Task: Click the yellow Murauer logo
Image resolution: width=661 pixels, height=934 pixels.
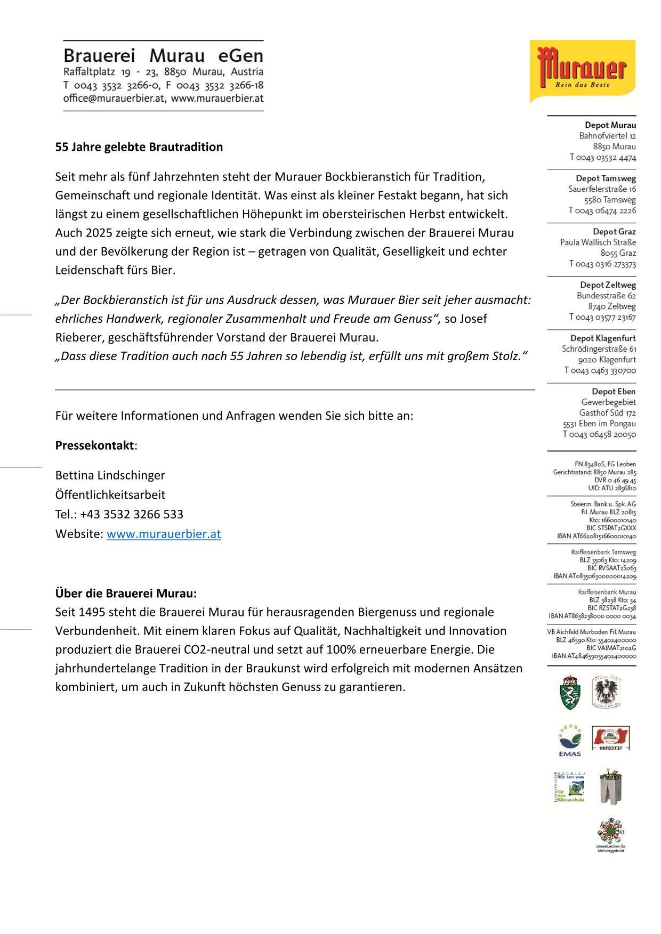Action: (582, 71)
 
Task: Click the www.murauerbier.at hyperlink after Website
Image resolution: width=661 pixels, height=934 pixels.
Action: (164, 534)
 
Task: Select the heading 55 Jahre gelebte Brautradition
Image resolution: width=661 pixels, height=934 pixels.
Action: (139, 147)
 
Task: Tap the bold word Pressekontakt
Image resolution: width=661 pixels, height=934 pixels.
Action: (94, 445)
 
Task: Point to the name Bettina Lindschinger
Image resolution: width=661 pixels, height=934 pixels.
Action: (110, 475)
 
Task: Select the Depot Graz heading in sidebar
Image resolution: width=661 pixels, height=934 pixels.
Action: (614, 232)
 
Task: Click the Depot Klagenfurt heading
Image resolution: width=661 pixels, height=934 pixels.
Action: (603, 338)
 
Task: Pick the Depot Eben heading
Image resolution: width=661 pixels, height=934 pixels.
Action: (614, 392)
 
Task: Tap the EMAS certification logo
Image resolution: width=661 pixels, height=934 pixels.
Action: (569, 740)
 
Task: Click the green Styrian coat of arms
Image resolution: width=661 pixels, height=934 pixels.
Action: (570, 692)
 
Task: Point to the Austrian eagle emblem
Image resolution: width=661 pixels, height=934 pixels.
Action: (607, 692)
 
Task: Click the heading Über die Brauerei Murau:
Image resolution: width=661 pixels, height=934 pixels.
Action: (126, 594)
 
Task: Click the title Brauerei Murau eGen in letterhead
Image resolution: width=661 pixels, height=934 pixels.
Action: (163, 56)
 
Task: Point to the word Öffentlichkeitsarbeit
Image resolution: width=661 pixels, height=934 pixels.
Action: (110, 494)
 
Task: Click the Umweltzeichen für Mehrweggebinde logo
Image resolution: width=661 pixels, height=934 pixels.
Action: (610, 834)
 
